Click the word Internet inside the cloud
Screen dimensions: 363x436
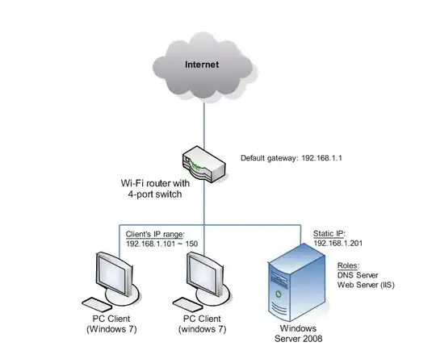pos(203,64)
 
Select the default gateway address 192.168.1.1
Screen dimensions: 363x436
pos(291,158)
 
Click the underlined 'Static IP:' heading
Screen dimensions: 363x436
pos(328,232)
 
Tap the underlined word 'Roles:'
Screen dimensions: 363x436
pos(350,265)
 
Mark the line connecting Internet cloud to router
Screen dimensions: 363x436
pos(203,121)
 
